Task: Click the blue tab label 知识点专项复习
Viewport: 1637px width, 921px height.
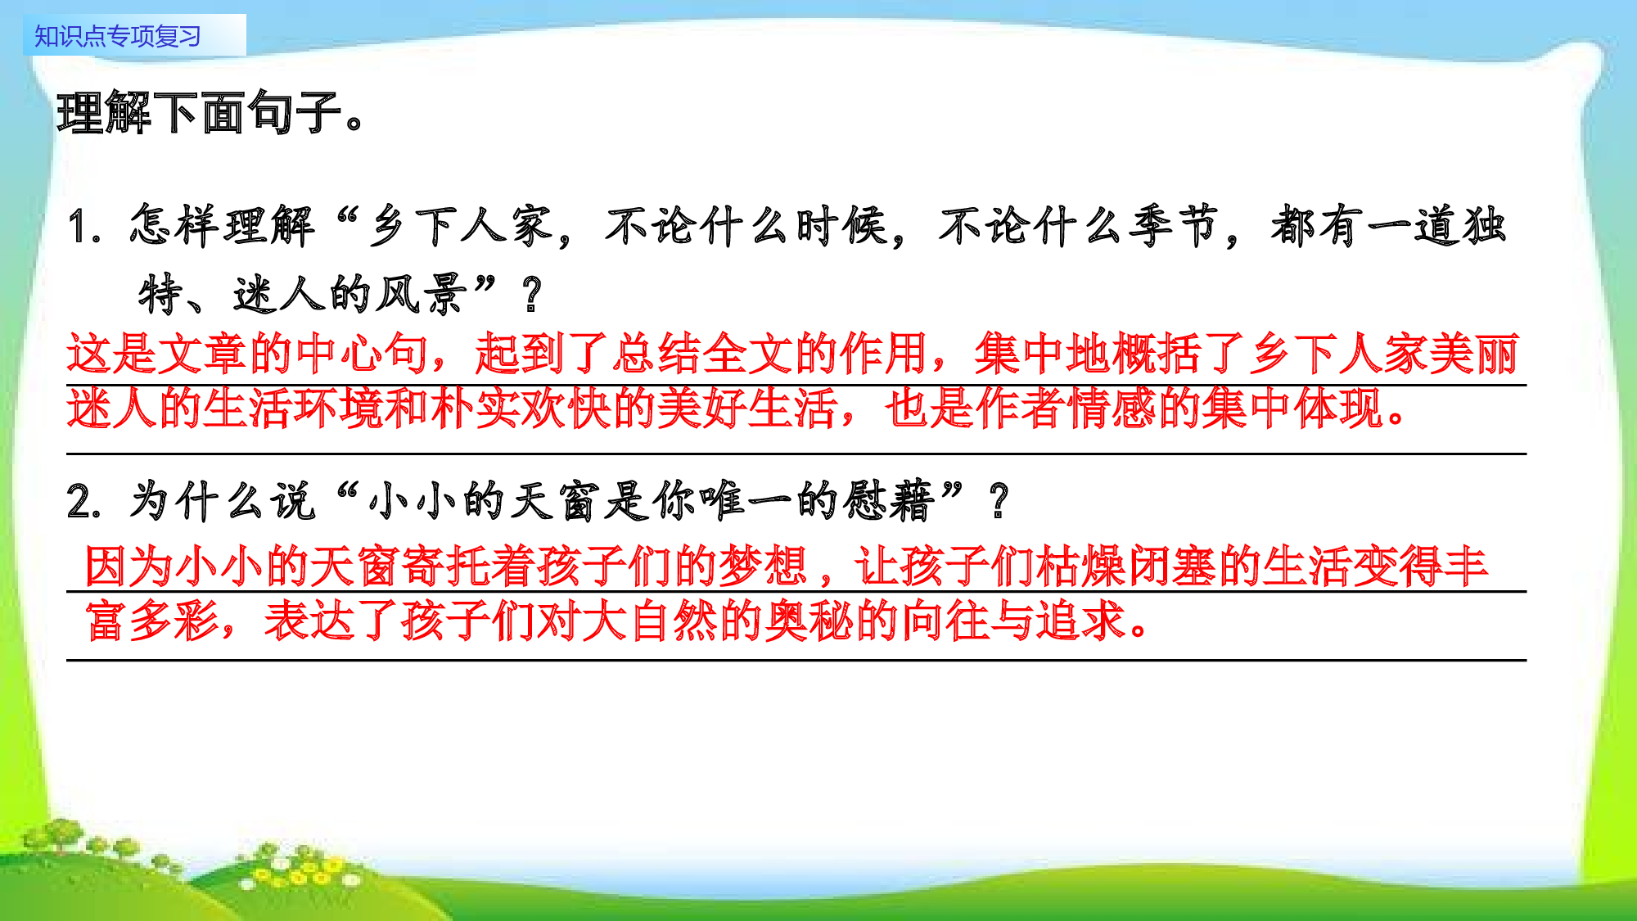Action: coord(118,36)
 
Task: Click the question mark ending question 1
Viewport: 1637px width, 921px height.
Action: coord(531,295)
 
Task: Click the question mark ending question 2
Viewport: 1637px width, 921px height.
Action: coord(999,502)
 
